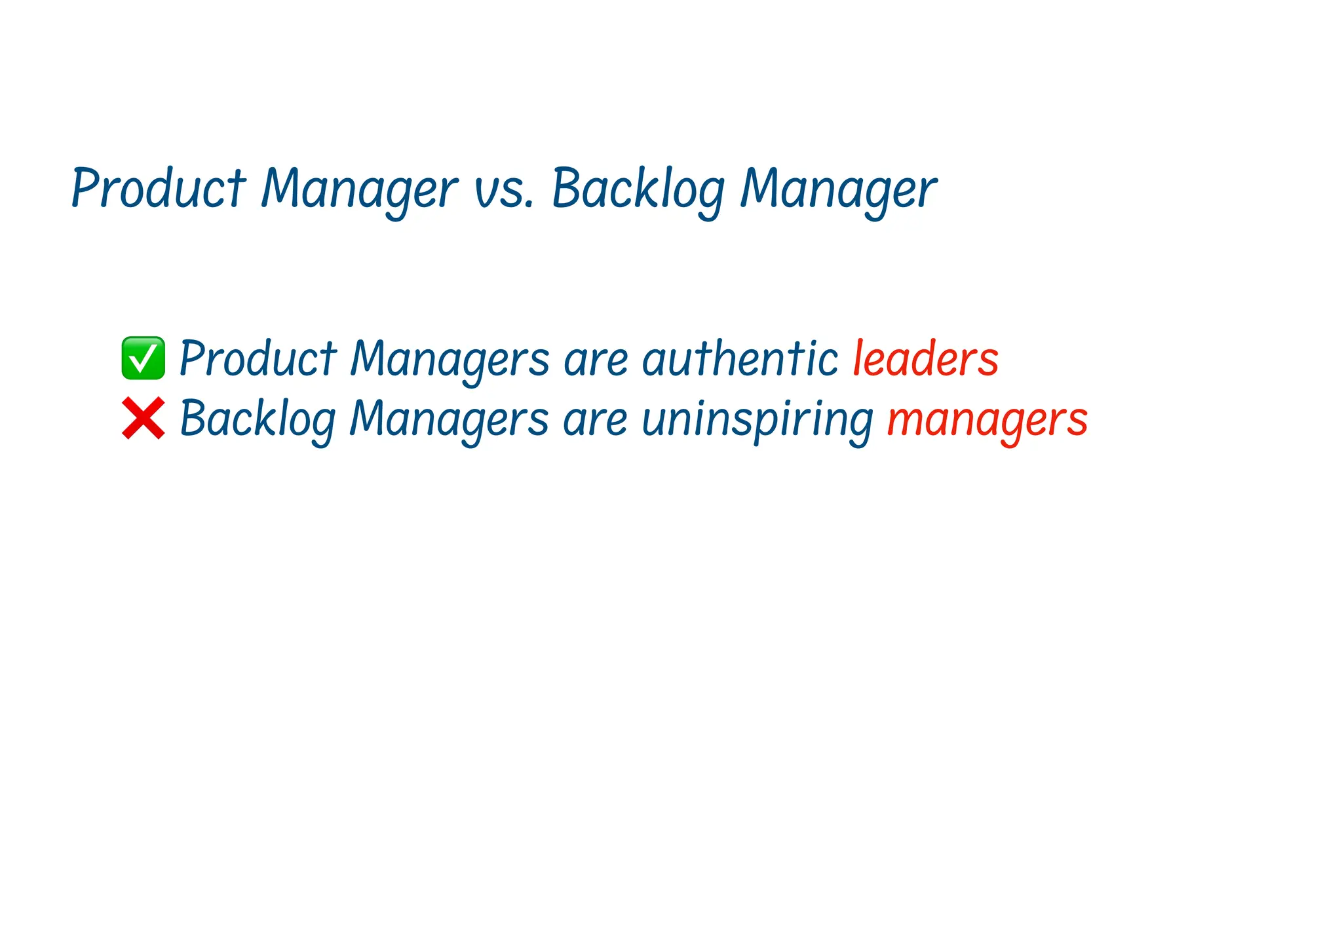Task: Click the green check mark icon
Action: pos(143,358)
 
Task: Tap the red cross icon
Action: pos(144,418)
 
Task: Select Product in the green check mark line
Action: pos(258,359)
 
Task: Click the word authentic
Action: pos(740,359)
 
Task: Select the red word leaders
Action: pos(926,359)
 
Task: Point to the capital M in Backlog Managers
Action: pos(366,418)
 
